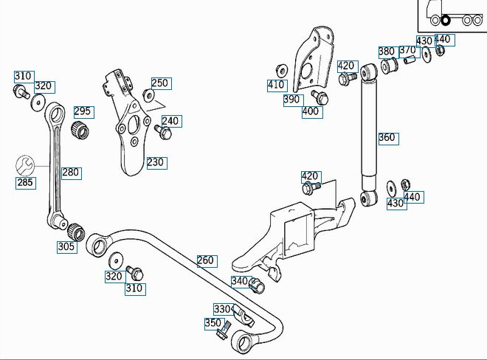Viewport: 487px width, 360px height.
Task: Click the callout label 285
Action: click(x=26, y=183)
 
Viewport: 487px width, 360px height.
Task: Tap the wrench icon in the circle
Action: click(x=25, y=165)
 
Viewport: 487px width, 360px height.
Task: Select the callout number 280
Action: click(x=72, y=173)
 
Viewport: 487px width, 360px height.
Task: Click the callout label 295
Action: click(x=84, y=112)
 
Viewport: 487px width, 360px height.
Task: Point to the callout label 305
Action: click(x=67, y=247)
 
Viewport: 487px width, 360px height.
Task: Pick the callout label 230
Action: click(x=157, y=163)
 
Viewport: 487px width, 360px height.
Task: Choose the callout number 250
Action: click(x=162, y=83)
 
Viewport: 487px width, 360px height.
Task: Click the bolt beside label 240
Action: click(x=163, y=132)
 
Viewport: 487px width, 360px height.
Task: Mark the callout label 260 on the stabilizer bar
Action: click(x=207, y=261)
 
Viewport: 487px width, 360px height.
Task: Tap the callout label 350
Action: click(x=214, y=324)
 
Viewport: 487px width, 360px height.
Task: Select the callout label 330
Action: click(x=224, y=309)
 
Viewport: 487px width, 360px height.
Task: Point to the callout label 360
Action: click(x=389, y=139)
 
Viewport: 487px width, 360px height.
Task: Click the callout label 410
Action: click(x=277, y=86)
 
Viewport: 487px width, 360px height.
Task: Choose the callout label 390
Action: click(x=294, y=100)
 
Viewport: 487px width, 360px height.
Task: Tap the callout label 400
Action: click(x=312, y=112)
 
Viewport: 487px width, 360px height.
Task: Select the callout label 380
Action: click(x=388, y=52)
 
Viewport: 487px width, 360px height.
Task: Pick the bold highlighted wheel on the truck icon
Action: click(x=446, y=21)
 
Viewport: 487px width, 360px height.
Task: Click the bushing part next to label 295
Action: click(x=80, y=130)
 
